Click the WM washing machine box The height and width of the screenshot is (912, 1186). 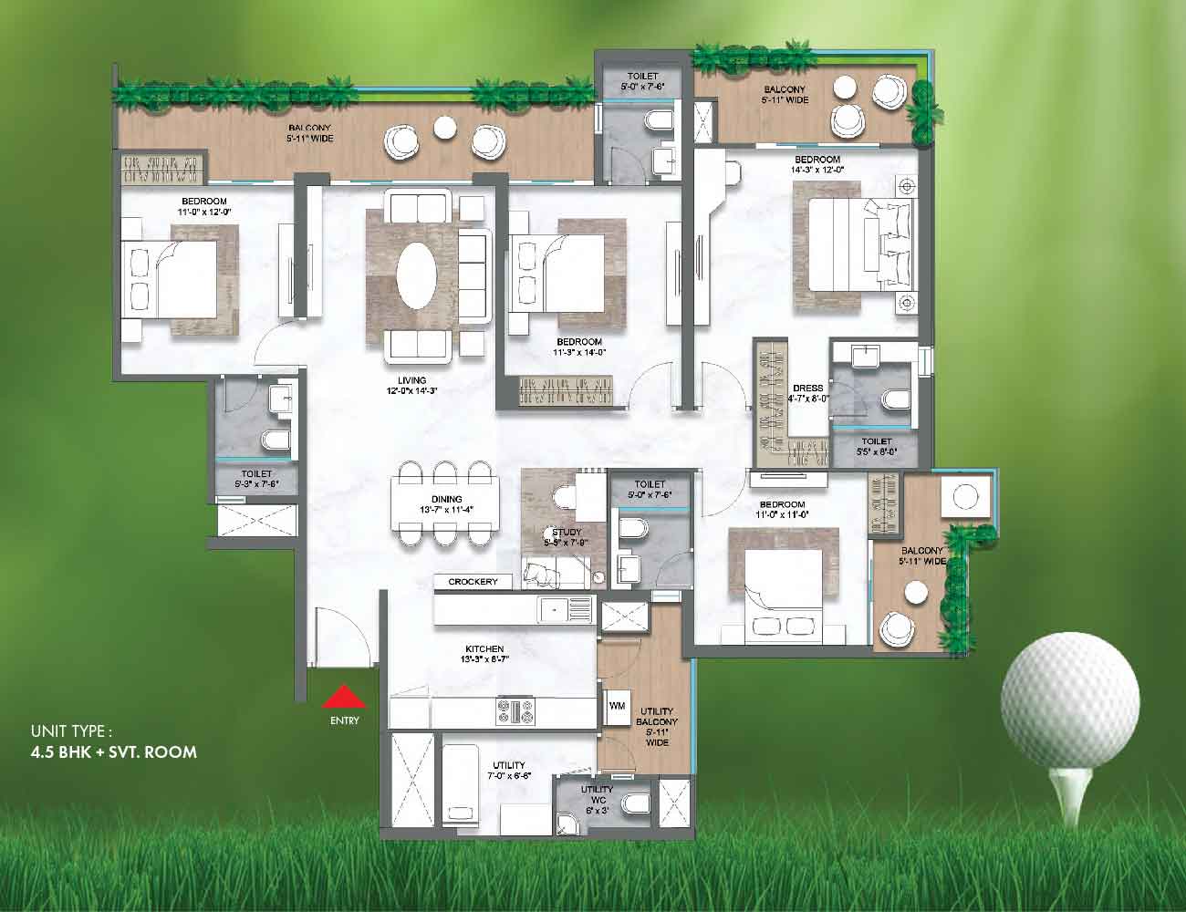(x=616, y=704)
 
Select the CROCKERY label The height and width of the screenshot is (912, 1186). (x=473, y=582)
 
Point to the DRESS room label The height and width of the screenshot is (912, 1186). (x=808, y=388)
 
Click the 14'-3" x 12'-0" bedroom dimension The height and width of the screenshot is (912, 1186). (x=818, y=169)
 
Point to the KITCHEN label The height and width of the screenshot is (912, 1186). (x=484, y=648)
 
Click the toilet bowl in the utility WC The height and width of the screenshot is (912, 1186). (x=636, y=803)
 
